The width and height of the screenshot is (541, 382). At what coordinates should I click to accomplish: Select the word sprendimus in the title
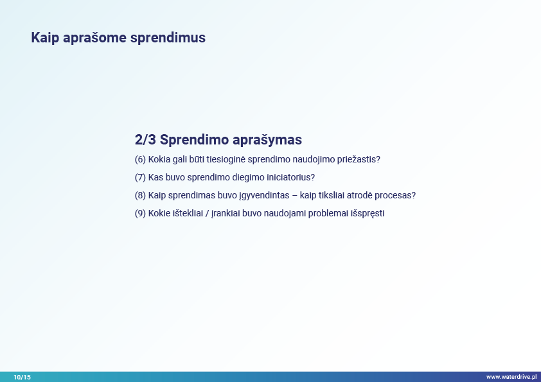click(x=168, y=38)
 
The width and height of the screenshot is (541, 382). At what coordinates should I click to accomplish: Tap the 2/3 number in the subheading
click(x=145, y=139)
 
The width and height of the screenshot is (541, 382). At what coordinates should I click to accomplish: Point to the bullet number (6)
click(x=141, y=160)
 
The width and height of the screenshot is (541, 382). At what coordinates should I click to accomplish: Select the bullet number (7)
click(x=141, y=178)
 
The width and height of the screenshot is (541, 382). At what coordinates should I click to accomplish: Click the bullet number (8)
click(x=141, y=195)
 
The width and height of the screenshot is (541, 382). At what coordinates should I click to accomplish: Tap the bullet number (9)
click(x=141, y=213)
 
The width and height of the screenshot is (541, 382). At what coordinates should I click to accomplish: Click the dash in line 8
click(x=295, y=195)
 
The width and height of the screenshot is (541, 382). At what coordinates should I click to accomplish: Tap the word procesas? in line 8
click(x=395, y=195)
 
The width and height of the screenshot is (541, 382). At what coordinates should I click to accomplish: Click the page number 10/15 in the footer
click(x=22, y=377)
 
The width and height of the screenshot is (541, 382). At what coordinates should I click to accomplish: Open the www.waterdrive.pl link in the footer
click(x=511, y=377)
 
